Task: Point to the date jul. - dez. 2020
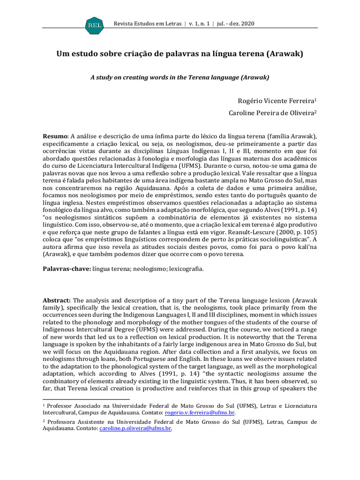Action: (x=235, y=23)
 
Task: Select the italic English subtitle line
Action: (x=180, y=77)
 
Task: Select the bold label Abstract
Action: (x=57, y=300)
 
